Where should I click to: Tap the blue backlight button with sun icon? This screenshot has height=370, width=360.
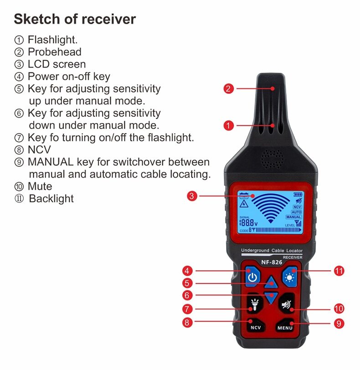[289, 277]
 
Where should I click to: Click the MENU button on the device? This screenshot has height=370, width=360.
[285, 327]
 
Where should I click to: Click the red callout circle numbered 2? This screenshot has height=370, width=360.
[229, 88]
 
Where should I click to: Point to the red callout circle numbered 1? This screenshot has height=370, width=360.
[229, 124]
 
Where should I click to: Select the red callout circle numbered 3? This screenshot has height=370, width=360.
[192, 196]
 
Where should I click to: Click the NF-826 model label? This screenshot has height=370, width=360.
[272, 262]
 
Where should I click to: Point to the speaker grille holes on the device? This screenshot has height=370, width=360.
[272, 159]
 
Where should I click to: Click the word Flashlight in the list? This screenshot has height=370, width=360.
[52, 40]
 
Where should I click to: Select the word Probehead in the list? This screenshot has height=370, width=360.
[54, 52]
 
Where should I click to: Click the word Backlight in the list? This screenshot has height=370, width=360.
[51, 199]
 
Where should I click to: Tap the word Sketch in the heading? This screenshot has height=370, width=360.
[35, 19]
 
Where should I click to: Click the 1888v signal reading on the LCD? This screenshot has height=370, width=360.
[249, 223]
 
